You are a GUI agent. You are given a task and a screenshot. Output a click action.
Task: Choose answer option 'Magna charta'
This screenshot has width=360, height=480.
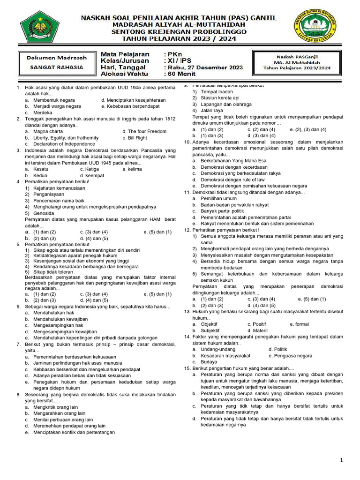48,132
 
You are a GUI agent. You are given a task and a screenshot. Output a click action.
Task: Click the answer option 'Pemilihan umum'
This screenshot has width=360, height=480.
218,198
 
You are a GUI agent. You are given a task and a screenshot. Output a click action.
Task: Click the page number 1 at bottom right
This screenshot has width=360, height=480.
342,461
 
